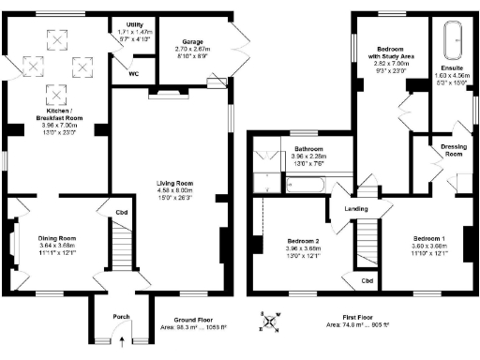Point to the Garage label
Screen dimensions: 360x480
[183, 42]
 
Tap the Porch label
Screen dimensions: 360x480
[121, 316]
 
